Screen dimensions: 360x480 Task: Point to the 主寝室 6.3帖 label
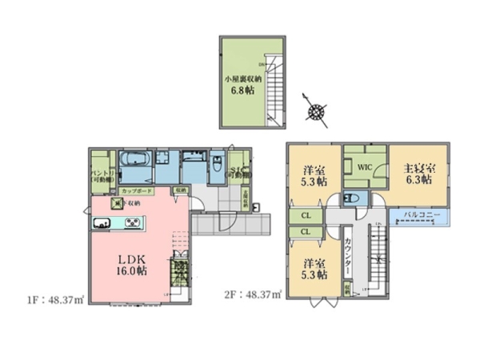click(419, 174)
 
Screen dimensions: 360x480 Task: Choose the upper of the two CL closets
click(306, 216)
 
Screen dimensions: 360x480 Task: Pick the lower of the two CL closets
click(306, 231)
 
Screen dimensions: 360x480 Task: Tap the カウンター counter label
click(350, 255)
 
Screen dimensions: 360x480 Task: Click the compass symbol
click(318, 110)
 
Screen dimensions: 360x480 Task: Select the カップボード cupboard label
click(138, 192)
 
